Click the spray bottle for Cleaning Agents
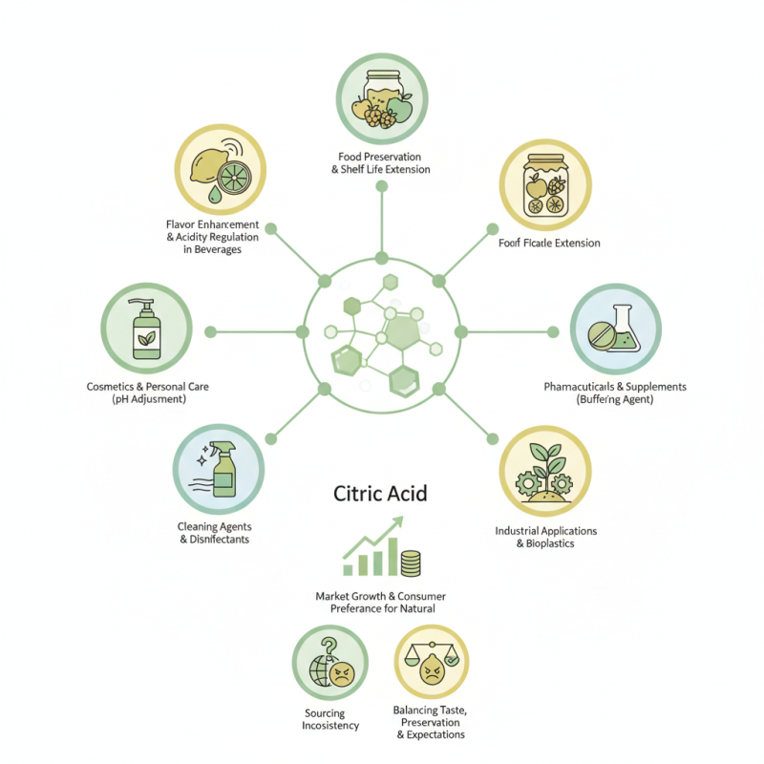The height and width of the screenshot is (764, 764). tap(222, 467)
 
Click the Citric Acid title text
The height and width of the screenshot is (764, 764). tap(380, 494)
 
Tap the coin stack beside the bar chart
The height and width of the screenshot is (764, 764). tap(411, 562)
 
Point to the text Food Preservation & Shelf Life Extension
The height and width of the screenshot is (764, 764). tap(380, 162)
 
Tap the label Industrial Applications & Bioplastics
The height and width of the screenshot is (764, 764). tap(546, 537)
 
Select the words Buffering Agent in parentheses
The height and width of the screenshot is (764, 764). tap(615, 399)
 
